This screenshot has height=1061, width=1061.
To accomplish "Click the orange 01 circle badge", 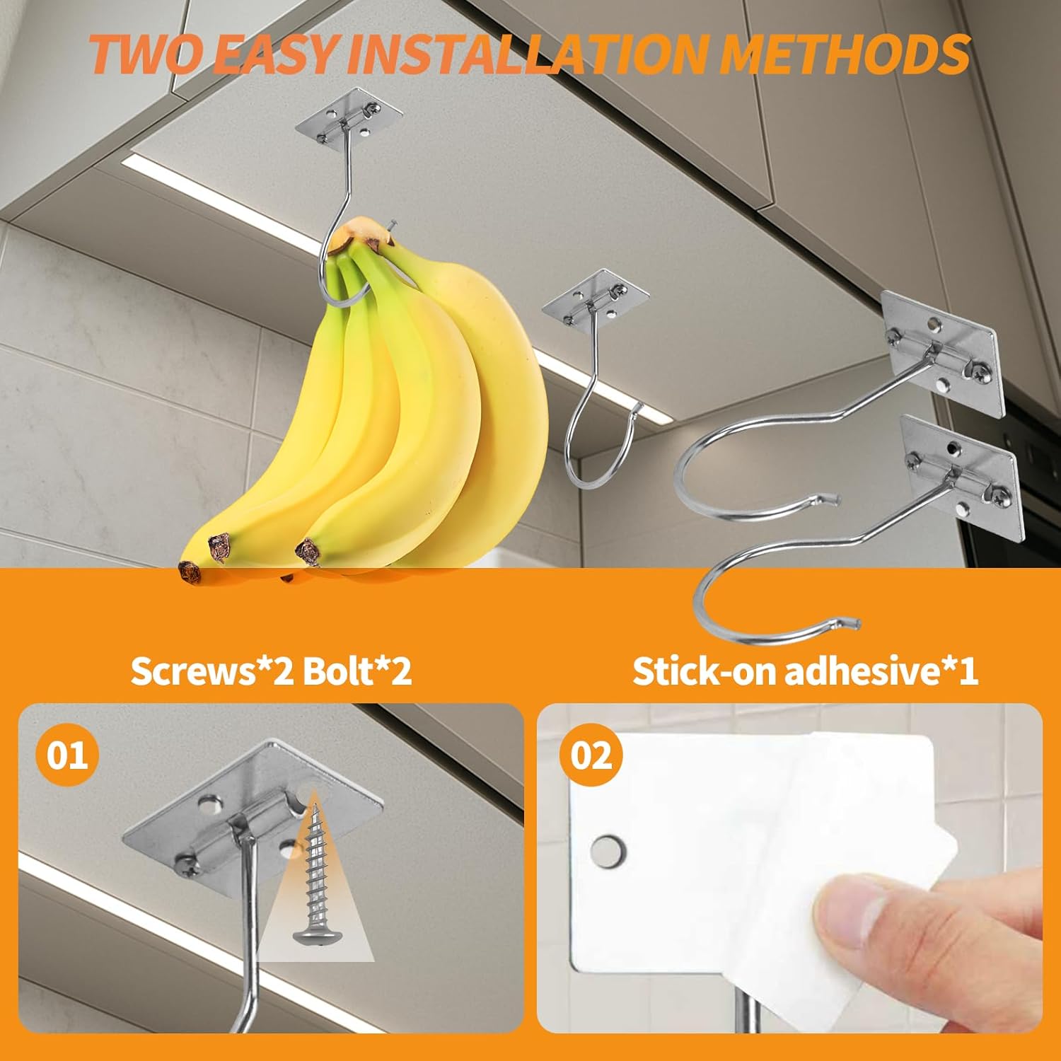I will (67, 755).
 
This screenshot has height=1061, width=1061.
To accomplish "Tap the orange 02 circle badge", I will (590, 756).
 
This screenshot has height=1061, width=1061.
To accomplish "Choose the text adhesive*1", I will (881, 671).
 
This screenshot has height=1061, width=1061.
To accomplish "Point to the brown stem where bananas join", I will (354, 233).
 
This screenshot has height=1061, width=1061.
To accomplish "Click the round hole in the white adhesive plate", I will (608, 850).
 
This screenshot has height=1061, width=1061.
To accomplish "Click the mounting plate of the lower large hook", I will (963, 475).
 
